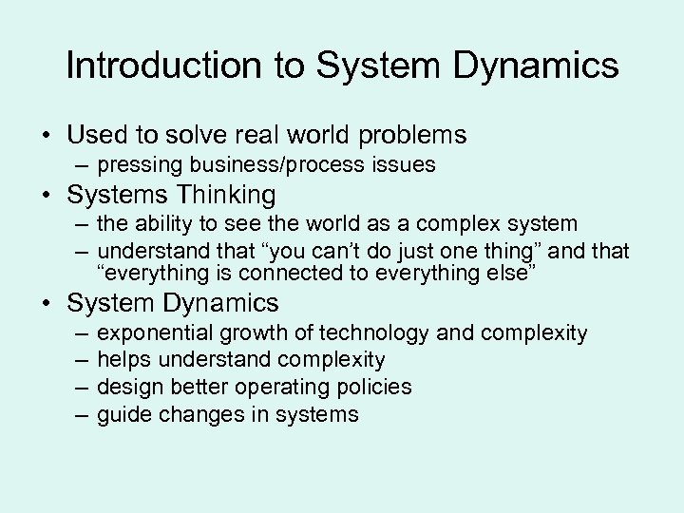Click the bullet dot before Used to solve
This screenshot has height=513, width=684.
(x=46, y=134)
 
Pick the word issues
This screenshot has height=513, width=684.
(x=404, y=165)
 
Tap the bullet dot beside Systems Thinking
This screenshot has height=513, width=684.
(x=46, y=196)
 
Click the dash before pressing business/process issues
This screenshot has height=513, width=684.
(x=80, y=165)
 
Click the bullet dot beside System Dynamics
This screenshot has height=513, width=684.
(x=46, y=303)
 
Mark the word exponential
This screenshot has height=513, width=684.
(x=156, y=333)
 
